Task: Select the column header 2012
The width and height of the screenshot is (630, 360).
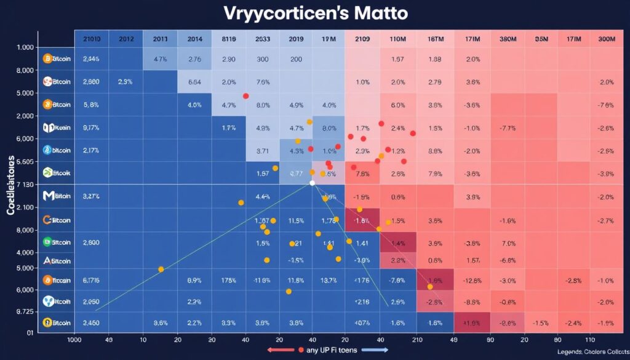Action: pyautogui.click(x=127, y=39)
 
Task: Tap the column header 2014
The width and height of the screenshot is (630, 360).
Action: pyautogui.click(x=195, y=39)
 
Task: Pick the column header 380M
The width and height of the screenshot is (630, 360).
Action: pyautogui.click(x=508, y=39)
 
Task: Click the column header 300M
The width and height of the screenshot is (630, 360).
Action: pyautogui.click(x=607, y=39)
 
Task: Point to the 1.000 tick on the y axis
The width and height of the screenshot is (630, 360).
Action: pyautogui.click(x=25, y=47)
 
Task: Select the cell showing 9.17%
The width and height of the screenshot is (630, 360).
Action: pyautogui.click(x=91, y=128)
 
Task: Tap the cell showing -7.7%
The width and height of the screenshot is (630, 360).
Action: pyautogui.click(x=508, y=128)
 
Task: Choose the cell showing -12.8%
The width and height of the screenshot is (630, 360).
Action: pyautogui.click(x=473, y=281)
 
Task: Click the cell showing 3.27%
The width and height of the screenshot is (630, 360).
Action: pyautogui.click(x=91, y=197)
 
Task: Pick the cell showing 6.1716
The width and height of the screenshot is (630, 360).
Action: pyautogui.click(x=91, y=281)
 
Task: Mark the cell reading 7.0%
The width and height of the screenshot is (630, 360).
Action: pyautogui.click(x=508, y=243)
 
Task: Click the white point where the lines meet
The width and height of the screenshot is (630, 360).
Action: pyautogui.click(x=313, y=183)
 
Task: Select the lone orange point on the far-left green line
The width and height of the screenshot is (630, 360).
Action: pyautogui.click(x=161, y=269)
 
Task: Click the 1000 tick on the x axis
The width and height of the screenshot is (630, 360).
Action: pyautogui.click(x=74, y=339)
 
